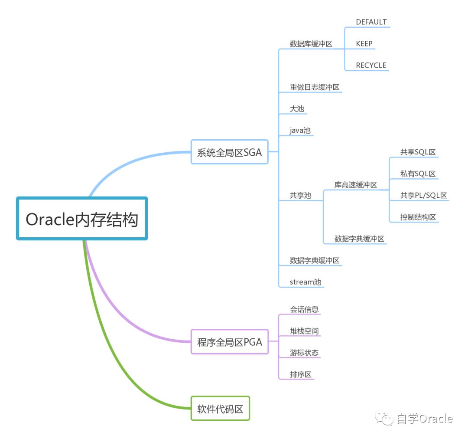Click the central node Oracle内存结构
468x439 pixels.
coord(82,219)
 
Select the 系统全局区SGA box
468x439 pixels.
coord(229,152)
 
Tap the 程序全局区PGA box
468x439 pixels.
coord(229,342)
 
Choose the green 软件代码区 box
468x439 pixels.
coord(220,409)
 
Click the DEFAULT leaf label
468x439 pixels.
coord(371,22)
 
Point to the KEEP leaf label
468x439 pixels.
coord(364,44)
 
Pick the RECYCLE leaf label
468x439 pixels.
coord(371,66)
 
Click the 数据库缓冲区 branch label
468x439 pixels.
coord(311,44)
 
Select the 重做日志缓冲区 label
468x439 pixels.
coord(314,87)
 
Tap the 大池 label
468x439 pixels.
coord(297,109)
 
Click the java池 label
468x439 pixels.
coord(300,131)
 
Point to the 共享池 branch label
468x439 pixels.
coord(300,196)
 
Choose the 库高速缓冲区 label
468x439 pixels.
coord(355,185)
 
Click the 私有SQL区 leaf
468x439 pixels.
coord(418,174)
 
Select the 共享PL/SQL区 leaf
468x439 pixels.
coord(423,196)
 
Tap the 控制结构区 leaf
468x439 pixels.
coord(418,217)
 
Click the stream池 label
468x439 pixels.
coord(305,282)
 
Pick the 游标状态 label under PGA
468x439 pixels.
coord(304,353)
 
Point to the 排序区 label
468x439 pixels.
coord(301,374)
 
